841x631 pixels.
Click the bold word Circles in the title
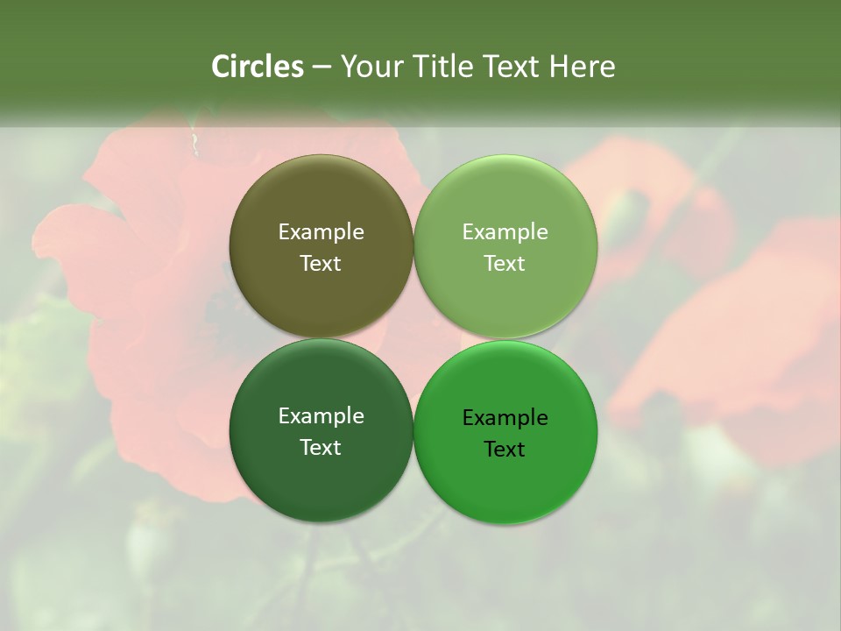258,67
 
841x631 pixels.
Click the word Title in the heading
442,67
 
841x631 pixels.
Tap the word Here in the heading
583,67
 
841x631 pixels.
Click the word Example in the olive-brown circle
321,232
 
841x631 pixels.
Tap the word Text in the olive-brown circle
321,264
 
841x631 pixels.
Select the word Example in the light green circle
505,232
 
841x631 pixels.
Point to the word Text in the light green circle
505,264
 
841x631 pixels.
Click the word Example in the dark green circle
321,416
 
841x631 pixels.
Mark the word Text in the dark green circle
321,448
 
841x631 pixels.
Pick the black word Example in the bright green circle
505,418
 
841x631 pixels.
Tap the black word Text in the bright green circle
505,450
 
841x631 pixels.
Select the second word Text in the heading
512,67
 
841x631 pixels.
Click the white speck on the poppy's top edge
194,138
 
